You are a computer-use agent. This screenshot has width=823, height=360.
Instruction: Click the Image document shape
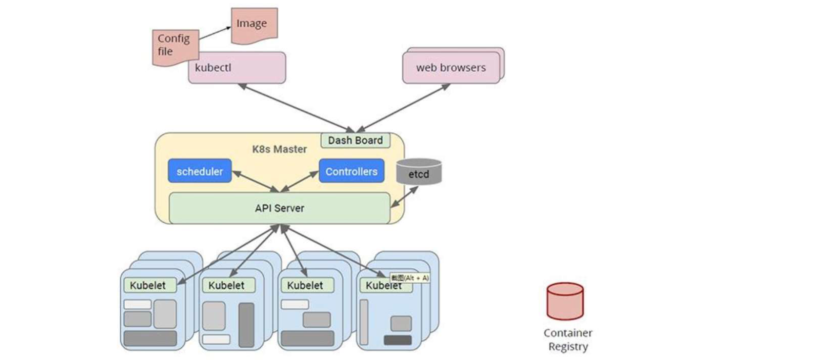pos(254,25)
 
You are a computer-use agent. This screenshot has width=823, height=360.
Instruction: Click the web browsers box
pos(451,68)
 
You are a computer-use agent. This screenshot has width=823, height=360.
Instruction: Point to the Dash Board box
pos(355,141)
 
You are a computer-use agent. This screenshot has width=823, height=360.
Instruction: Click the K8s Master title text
pos(280,149)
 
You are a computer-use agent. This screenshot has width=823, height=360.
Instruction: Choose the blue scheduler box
pos(199,171)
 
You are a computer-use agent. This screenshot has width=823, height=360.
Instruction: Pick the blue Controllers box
pos(351,171)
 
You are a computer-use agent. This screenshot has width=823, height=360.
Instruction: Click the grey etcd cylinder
pos(419,172)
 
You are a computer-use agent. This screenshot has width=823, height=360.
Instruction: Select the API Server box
pos(280,208)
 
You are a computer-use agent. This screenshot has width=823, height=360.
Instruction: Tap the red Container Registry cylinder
pos(565,301)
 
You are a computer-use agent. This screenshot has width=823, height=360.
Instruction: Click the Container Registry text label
pos(568,340)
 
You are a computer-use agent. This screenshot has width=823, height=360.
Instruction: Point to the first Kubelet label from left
pos(147,286)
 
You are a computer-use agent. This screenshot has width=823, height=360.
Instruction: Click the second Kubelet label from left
pos(226,286)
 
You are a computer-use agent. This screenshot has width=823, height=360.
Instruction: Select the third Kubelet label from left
pos(305,286)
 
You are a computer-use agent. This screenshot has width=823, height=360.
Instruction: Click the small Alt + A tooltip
pos(410,278)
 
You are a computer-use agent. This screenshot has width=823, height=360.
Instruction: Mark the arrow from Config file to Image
pos(215,33)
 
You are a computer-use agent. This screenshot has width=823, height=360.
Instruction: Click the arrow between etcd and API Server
pos(404,197)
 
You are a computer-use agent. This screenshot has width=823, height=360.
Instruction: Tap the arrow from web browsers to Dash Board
pos(403,107)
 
